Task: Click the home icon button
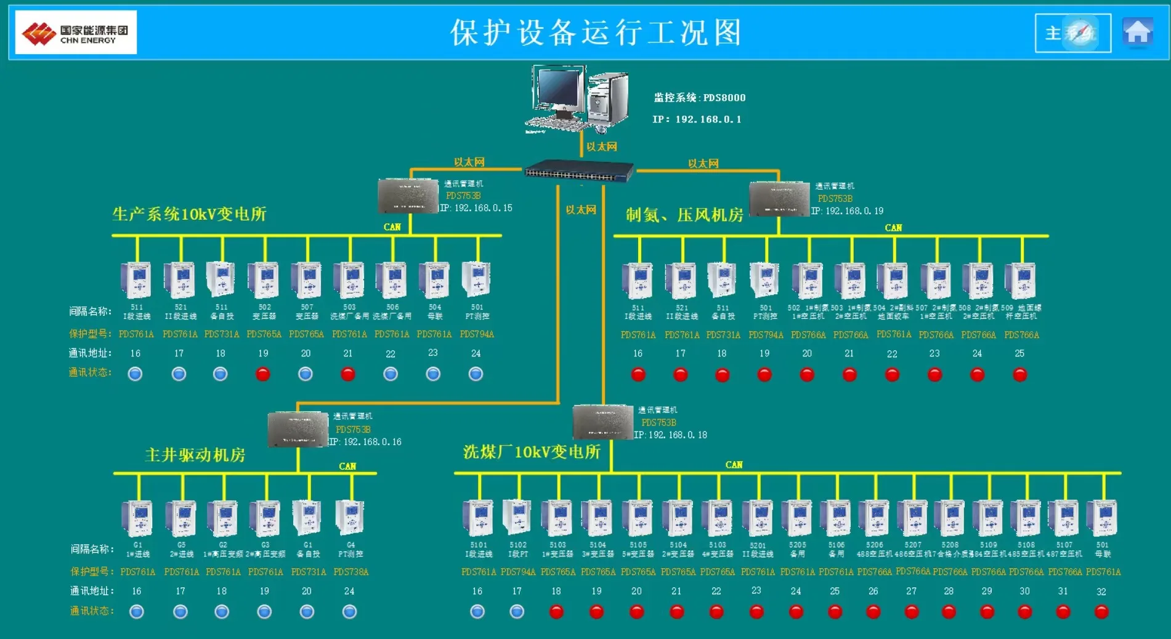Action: click(1137, 33)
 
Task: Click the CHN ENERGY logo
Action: click(76, 33)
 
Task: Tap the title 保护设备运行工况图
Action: click(596, 33)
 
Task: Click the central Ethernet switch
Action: click(578, 171)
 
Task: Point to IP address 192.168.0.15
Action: click(476, 208)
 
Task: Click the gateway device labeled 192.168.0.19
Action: click(779, 198)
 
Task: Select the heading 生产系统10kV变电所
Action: click(189, 214)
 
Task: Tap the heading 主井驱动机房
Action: click(195, 455)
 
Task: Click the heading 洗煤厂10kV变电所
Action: click(532, 452)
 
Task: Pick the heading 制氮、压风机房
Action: click(684, 215)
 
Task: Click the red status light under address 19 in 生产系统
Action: click(263, 374)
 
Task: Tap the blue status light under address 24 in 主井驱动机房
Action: click(349, 611)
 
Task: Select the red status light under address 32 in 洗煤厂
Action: click(1101, 612)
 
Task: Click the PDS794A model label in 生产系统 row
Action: click(477, 334)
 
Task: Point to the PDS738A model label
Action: click(350, 572)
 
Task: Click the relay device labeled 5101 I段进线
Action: click(478, 517)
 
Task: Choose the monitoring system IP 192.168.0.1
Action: click(697, 119)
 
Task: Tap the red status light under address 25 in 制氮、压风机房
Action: click(1019, 374)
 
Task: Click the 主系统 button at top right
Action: click(1072, 33)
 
